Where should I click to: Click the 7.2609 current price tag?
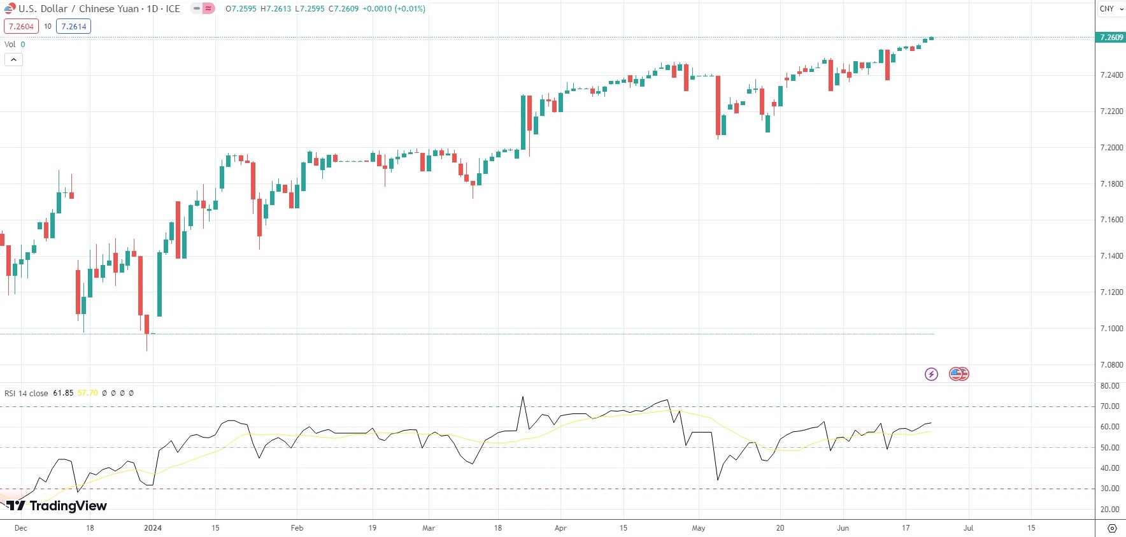[x=1111, y=38]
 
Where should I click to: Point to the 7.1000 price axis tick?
[x=1111, y=329]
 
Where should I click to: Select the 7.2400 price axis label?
[x=1111, y=75]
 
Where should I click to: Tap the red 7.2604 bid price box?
[x=21, y=27]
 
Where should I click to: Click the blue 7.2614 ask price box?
[x=73, y=27]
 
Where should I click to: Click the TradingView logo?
[x=57, y=506]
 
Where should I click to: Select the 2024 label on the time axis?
[x=153, y=528]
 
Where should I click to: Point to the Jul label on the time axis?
[x=968, y=528]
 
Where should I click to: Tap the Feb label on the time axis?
[x=297, y=528]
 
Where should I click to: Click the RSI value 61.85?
[x=63, y=393]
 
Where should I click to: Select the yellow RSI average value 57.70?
[x=88, y=393]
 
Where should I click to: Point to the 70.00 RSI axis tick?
[x=1109, y=406]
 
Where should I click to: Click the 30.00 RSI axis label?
[x=1109, y=489]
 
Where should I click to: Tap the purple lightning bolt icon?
[x=931, y=374]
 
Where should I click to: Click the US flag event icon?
[x=959, y=374]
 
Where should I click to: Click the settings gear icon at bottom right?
[x=1112, y=528]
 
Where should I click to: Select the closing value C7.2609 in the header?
[x=343, y=9]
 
